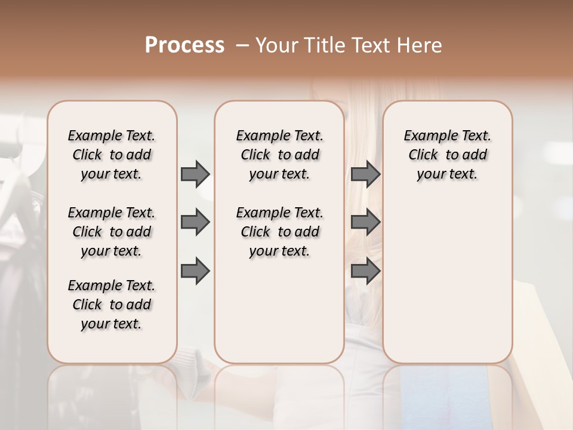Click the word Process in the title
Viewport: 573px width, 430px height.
(184, 45)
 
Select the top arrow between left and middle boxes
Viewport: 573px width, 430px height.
(195, 174)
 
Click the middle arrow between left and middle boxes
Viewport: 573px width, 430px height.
(195, 223)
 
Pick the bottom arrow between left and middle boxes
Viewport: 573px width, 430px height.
(195, 271)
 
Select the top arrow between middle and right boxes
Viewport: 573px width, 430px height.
(365, 174)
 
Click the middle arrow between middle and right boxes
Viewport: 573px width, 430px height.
(365, 223)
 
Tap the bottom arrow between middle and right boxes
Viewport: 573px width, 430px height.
(365, 271)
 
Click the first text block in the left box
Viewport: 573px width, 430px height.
(112, 155)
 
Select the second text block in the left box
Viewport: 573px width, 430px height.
(112, 232)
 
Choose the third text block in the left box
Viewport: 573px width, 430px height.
(112, 305)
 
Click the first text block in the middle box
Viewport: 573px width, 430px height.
(279, 155)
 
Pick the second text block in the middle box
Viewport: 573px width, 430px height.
(279, 232)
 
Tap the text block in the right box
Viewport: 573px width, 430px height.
(447, 155)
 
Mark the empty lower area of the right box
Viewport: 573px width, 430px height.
(447, 281)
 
